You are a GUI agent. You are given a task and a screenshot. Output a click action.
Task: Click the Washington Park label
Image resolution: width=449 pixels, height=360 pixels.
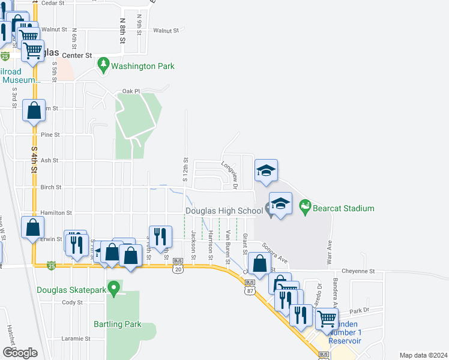(143, 66)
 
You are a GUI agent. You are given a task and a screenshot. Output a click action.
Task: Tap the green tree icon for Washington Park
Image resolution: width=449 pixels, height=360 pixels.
(103, 65)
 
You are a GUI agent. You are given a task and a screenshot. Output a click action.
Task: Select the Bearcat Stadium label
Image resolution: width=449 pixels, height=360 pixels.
(346, 208)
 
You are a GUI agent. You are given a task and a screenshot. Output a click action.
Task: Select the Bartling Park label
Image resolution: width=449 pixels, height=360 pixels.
(118, 324)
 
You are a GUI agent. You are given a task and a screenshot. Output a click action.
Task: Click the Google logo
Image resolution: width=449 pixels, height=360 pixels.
(20, 353)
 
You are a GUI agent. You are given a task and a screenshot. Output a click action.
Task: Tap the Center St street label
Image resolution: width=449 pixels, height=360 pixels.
(80, 55)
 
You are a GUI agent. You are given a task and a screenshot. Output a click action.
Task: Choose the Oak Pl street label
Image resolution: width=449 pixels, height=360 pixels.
(131, 91)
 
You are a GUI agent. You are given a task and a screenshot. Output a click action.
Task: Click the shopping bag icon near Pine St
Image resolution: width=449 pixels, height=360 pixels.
(33, 111)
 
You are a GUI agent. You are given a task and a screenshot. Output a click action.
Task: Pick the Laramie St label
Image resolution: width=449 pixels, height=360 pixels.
(76, 338)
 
